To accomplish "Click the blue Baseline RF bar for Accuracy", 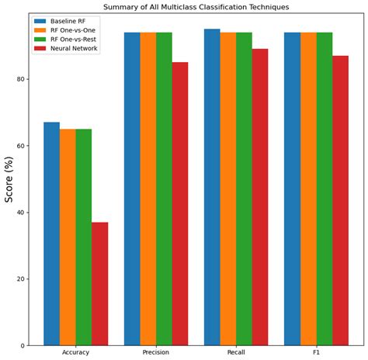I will tap(51, 234).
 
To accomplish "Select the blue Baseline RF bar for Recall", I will tap(212, 187).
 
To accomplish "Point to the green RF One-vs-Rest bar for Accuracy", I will tap(83, 237).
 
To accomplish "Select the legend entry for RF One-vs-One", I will tap(76, 29).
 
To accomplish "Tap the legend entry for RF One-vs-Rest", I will tap(77, 40).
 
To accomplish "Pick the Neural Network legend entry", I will tap(75, 49).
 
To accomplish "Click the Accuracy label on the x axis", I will tap(75, 353).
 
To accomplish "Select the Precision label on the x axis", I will tap(155, 353).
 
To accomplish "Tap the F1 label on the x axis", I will tap(316, 353).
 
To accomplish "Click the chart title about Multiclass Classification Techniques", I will tap(195, 6).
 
